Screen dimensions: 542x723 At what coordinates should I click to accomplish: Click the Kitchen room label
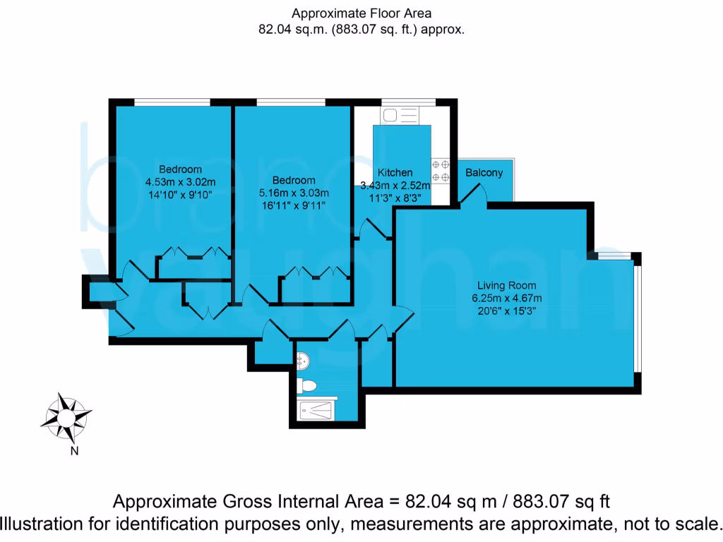click(x=395, y=173)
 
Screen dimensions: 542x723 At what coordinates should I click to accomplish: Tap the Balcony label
click(x=484, y=173)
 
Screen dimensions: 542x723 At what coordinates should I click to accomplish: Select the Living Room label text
click(x=506, y=286)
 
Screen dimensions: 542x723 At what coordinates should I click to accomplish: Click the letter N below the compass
click(x=73, y=452)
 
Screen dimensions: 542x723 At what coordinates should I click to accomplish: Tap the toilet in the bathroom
click(x=307, y=385)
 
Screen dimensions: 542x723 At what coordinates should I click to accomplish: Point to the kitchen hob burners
click(x=441, y=169)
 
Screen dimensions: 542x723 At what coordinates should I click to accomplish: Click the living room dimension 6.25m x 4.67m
click(x=506, y=298)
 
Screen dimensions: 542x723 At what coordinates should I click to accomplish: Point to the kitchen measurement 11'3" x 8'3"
click(x=395, y=198)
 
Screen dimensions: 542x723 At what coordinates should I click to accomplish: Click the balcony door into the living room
click(x=474, y=195)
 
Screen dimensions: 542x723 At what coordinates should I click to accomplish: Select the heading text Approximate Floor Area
click(x=361, y=13)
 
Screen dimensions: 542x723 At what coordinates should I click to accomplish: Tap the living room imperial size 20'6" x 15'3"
click(x=506, y=311)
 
